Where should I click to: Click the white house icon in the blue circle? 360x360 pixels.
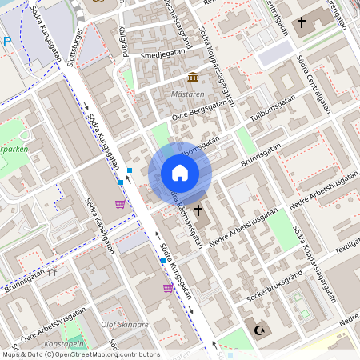tap(179, 173)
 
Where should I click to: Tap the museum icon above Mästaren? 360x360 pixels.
tap(193, 77)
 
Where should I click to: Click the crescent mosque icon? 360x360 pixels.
tap(258, 329)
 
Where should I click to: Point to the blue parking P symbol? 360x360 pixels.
tap(6, 42)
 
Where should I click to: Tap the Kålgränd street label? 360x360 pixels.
tap(124, 40)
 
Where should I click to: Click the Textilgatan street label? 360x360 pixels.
tap(347, 247)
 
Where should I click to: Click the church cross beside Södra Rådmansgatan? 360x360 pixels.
tap(198, 208)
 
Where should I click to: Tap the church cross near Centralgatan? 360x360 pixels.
tap(302, 22)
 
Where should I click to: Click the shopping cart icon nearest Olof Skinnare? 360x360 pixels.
tap(168, 288)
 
